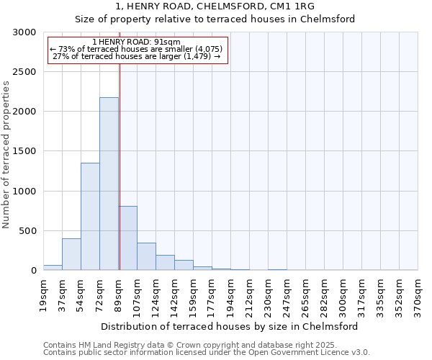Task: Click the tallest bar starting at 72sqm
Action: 109,184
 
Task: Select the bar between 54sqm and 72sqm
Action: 90,216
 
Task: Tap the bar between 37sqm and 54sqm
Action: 71,254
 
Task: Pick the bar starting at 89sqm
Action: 128,238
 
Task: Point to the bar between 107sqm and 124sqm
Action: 146,256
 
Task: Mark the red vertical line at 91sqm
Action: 120,166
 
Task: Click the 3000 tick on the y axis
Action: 24,32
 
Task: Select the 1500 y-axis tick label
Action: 24,152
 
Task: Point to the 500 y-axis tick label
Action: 27,231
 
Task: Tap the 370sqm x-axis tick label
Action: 418,294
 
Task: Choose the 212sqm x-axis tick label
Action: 249,294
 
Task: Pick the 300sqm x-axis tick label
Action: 343,294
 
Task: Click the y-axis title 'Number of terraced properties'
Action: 6,155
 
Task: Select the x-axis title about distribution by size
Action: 230,326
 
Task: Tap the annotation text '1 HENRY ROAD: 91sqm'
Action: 137,42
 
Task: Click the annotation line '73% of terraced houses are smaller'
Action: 137,49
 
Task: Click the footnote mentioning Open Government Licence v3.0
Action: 207,353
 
